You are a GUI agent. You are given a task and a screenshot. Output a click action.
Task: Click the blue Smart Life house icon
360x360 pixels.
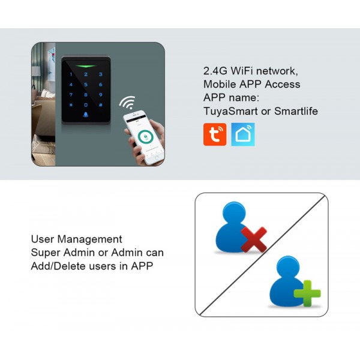(243, 134)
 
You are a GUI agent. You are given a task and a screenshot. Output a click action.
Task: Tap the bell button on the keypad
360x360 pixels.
(86, 115)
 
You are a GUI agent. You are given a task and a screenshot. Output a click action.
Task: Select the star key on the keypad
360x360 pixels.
(71, 104)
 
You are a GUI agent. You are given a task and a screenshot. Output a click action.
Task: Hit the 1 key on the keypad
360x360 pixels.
(71, 75)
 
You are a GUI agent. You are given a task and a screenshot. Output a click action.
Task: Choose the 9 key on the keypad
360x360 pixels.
(101, 95)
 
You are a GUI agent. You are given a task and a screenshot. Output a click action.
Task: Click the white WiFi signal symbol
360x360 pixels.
(127, 101)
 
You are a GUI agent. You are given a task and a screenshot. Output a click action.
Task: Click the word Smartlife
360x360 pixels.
(296, 111)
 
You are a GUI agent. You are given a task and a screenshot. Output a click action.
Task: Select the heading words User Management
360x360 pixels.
(76, 239)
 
